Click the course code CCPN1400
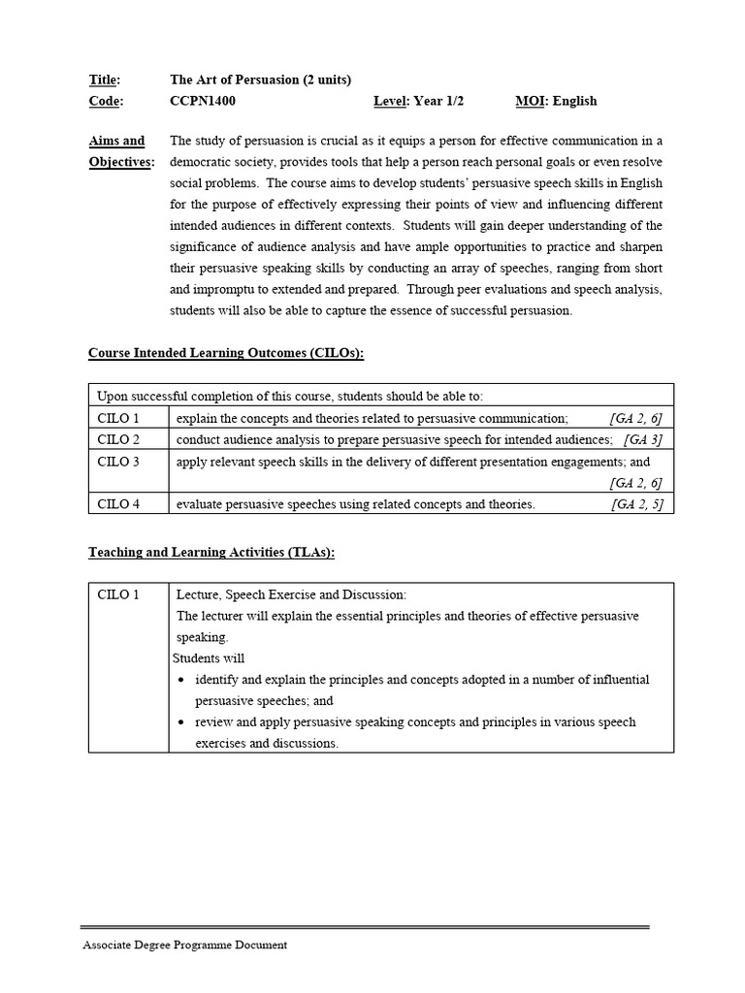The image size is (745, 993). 203,101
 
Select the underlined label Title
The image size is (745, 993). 104,80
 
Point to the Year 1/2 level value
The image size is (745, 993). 432,101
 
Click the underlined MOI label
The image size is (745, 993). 530,101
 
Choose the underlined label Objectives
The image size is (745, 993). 121,162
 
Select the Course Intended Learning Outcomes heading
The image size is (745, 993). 226,353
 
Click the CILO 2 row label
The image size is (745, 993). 118,439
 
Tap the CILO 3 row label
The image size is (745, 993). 118,462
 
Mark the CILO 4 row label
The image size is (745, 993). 118,504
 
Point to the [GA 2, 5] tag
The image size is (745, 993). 636,504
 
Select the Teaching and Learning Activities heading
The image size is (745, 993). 211,552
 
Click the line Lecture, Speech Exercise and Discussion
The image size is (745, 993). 291,594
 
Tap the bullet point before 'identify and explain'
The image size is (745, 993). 182,680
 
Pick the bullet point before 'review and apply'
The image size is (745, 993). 182,723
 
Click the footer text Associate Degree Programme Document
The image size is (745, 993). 184,945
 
